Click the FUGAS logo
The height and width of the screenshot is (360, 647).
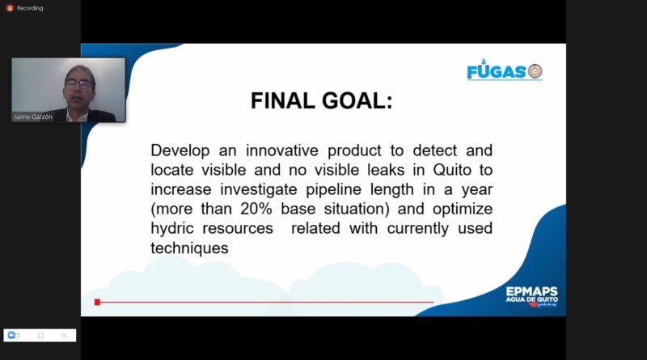click(504, 70)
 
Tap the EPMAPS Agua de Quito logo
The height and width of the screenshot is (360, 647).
click(532, 296)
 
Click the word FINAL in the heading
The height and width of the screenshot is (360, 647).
click(282, 101)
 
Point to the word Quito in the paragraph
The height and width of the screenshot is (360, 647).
click(452, 170)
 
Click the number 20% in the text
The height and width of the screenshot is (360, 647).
click(256, 209)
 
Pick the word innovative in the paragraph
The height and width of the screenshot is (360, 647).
click(282, 150)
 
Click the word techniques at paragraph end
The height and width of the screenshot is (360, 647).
click(189, 248)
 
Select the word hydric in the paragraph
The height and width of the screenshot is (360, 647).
click(171, 228)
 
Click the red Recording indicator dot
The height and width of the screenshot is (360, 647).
click(10, 8)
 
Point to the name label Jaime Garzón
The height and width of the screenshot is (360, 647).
click(33, 116)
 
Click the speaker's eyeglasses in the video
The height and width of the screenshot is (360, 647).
click(78, 84)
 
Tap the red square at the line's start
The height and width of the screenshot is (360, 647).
click(97, 303)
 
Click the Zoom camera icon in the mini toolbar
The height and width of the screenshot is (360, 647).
click(13, 335)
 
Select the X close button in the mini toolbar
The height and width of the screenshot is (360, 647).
click(65, 335)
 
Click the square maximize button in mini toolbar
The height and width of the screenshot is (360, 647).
click(40, 335)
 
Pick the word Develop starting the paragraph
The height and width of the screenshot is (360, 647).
click(180, 150)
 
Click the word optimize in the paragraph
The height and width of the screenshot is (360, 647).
click(463, 210)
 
